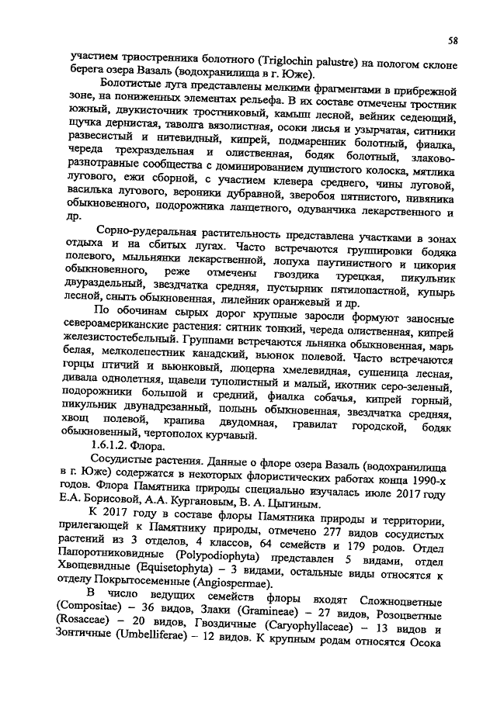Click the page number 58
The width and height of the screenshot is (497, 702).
click(452, 39)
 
